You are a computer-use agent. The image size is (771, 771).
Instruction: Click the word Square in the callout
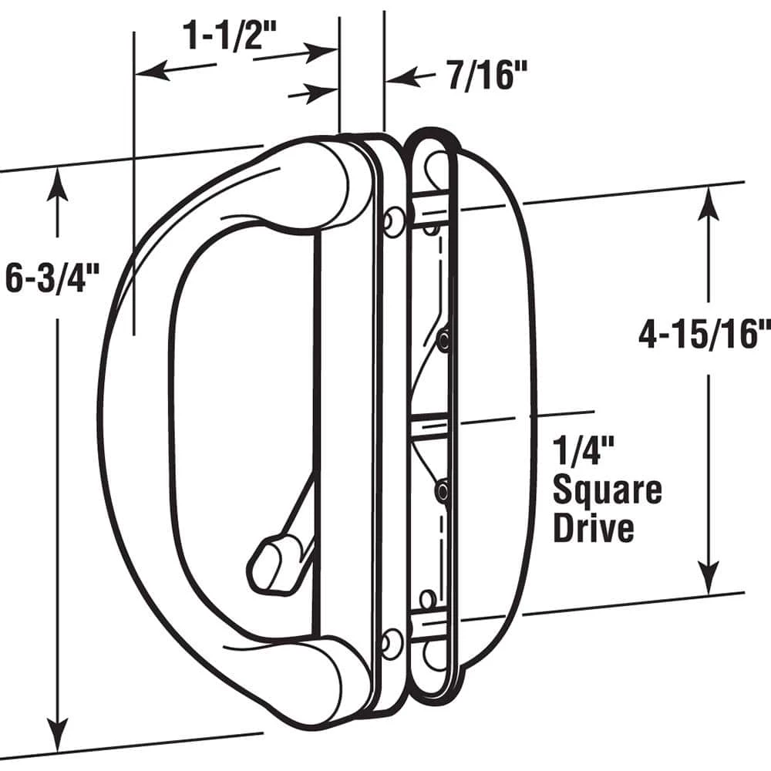tap(607, 490)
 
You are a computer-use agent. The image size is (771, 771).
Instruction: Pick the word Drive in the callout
tap(594, 529)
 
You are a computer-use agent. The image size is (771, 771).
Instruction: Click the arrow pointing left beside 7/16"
tap(401, 77)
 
